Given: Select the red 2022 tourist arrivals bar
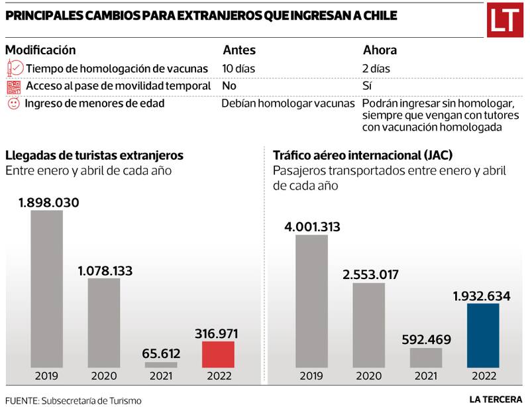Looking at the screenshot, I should pyautogui.click(x=218, y=354).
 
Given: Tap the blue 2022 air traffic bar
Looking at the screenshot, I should pyautogui.click(x=483, y=335).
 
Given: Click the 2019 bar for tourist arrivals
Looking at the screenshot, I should pyautogui.click(x=46, y=289).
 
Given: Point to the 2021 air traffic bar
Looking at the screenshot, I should pyautogui.click(x=426, y=357).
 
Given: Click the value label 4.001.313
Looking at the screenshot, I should pyautogui.click(x=312, y=227).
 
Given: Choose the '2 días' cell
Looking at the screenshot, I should pyautogui.click(x=376, y=68).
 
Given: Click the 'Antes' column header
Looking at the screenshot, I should pyautogui.click(x=238, y=50).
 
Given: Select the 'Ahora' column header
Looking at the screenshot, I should pyautogui.click(x=380, y=50).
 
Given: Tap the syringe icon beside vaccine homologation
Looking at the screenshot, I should pyautogui.click(x=13, y=68).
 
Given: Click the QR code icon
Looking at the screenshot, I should pyautogui.click(x=13, y=86).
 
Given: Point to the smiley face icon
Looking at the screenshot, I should pyautogui.click(x=13, y=104).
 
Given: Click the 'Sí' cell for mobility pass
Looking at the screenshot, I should pyautogui.click(x=368, y=86).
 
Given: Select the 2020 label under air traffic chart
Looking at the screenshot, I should pyautogui.click(x=368, y=376).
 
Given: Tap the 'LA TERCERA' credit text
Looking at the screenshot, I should pyautogui.click(x=495, y=398).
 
